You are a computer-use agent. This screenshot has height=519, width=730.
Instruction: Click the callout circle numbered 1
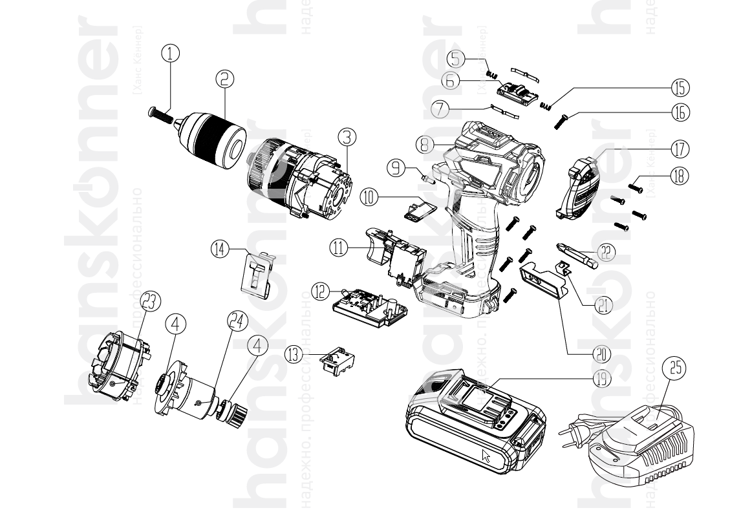(170, 54)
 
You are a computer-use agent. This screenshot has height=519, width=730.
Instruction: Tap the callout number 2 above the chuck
(224, 79)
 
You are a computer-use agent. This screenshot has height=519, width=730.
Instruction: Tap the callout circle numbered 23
(150, 300)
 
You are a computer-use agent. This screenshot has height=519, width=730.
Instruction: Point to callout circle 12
(321, 291)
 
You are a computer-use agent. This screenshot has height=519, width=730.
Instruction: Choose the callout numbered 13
(295, 355)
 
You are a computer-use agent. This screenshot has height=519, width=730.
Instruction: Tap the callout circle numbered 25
(674, 369)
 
